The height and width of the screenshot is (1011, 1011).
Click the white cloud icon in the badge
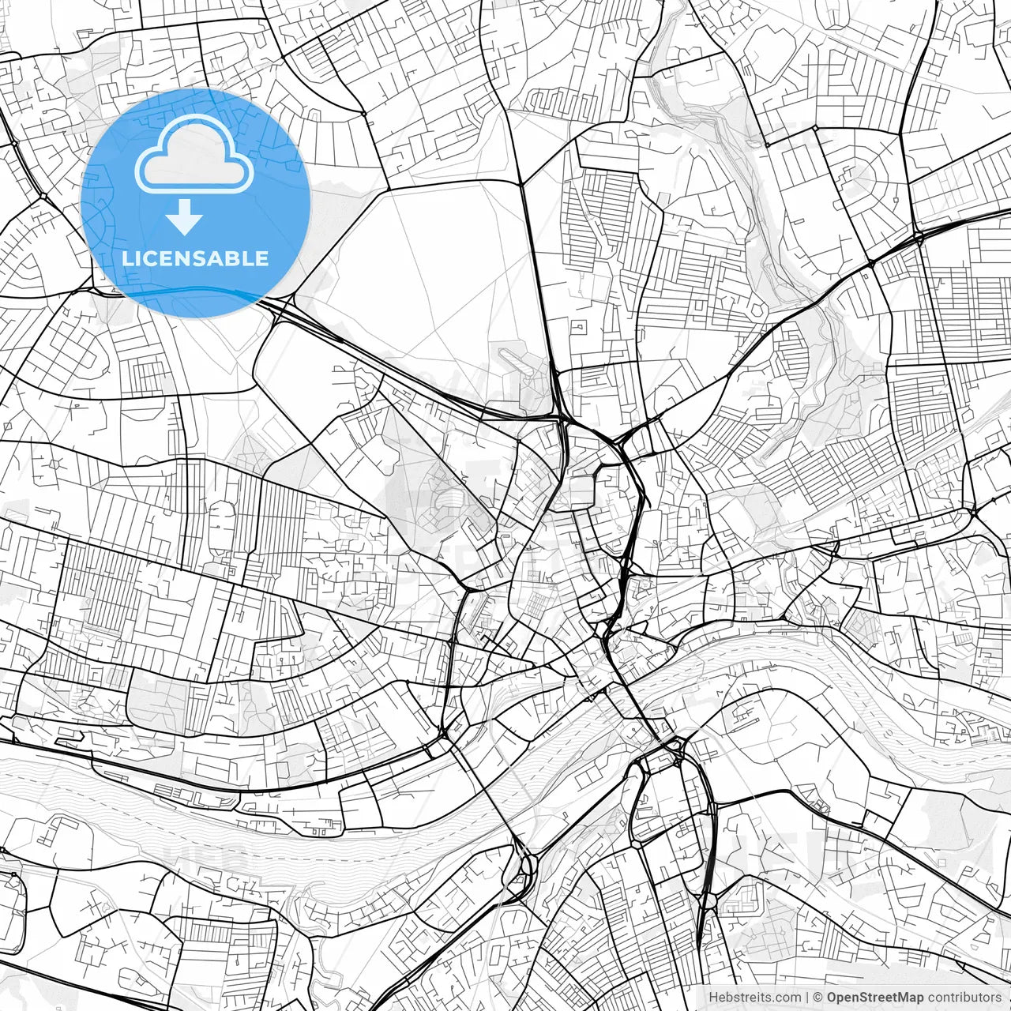195,154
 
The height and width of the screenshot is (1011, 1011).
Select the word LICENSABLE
195,258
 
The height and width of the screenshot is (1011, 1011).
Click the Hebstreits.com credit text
754,998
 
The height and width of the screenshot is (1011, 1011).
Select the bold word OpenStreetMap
875,998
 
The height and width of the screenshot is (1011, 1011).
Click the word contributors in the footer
964,998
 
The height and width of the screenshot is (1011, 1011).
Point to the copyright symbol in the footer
818,998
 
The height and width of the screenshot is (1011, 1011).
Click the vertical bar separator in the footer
806,998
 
